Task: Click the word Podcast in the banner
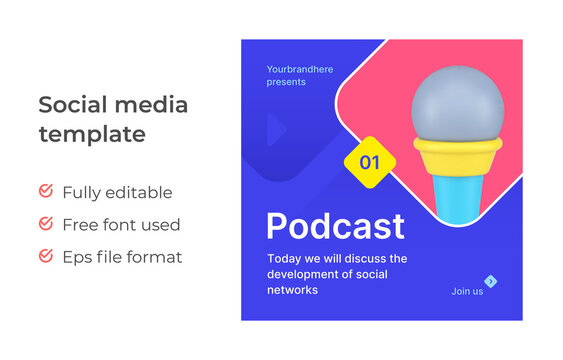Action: point(335,227)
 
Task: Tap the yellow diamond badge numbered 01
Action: point(370,161)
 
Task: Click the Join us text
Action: point(467,291)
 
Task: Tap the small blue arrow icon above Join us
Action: point(490,281)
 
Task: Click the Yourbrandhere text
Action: point(300,69)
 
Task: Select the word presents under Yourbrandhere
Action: point(286,82)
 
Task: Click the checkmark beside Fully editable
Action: point(46,191)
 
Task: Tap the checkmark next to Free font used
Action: point(46,224)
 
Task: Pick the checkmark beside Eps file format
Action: point(46,256)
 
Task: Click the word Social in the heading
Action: point(71,105)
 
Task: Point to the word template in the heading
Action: point(91,134)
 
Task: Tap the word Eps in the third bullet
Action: point(77,257)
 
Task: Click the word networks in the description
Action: point(292,290)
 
